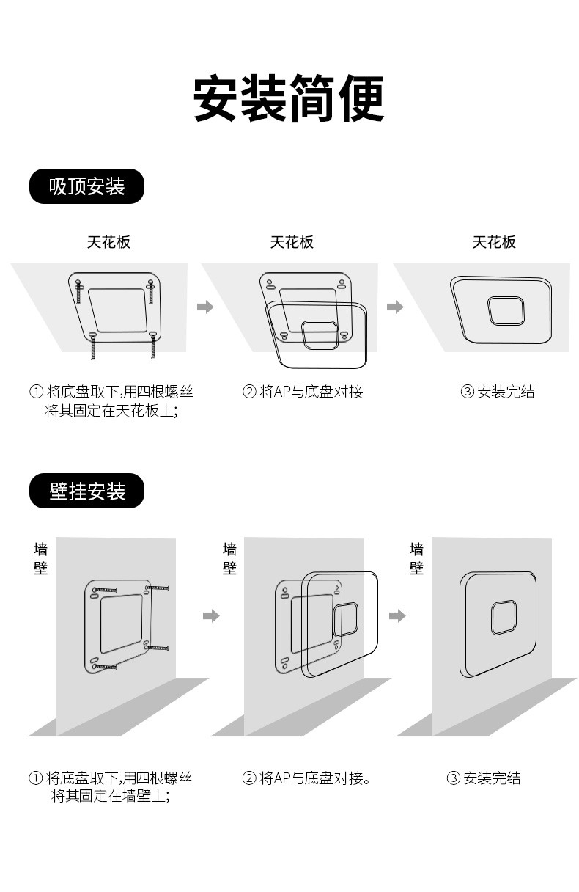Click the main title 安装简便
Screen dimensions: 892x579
(x=289, y=99)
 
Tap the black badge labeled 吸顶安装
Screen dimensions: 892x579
(x=86, y=186)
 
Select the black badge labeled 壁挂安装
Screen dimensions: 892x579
(x=86, y=491)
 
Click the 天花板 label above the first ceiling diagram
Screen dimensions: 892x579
(x=108, y=242)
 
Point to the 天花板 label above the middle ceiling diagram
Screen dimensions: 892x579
(x=292, y=242)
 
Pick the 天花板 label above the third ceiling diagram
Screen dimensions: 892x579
(x=494, y=242)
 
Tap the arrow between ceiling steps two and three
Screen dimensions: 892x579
(x=395, y=307)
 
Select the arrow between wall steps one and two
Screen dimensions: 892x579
(x=211, y=615)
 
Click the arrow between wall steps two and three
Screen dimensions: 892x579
(x=397, y=615)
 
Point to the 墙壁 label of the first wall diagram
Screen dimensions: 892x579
(x=40, y=558)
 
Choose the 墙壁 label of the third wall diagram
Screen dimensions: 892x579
(x=416, y=558)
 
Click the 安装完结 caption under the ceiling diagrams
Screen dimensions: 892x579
(x=498, y=392)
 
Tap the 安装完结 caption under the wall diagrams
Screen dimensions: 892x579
(x=484, y=778)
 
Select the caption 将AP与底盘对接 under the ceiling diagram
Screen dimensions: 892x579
(x=303, y=392)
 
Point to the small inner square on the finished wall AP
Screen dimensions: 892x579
(x=504, y=617)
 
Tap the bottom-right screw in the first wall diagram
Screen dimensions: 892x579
(x=157, y=648)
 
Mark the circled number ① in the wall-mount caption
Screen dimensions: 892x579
(x=35, y=778)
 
